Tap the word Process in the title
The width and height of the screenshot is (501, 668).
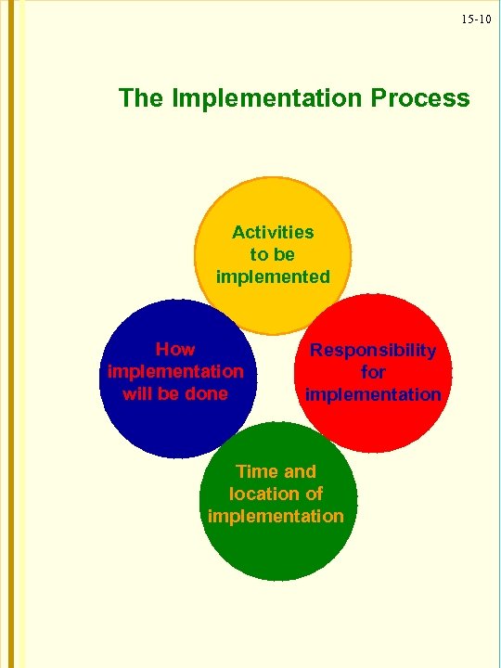pos(419,97)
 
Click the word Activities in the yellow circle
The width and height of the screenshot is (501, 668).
pos(273,232)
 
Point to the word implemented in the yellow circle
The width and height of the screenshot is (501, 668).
pos(273,276)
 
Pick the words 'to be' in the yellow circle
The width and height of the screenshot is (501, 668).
pos(273,254)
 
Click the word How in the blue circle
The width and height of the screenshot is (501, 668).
pos(175,350)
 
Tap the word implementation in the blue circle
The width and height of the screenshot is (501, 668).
pos(175,371)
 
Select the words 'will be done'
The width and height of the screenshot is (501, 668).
pos(175,392)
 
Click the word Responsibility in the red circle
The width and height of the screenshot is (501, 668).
pos(373,350)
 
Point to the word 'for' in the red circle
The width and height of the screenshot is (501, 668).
pos(373,372)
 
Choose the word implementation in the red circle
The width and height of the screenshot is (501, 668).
pos(373,394)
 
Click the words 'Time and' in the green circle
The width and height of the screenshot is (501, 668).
pos(276,471)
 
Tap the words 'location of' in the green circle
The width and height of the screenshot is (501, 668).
pos(276,494)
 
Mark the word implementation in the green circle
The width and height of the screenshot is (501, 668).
pos(276,516)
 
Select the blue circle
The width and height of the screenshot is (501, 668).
pos(139,427)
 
